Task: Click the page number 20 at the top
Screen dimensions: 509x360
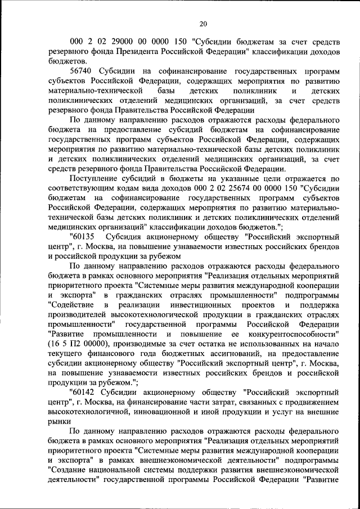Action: [x=203, y=23]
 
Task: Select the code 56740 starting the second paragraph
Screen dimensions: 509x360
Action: [x=81, y=73]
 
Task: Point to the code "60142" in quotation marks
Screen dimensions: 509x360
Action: [x=82, y=389]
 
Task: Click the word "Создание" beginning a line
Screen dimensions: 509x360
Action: [x=67, y=470]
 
